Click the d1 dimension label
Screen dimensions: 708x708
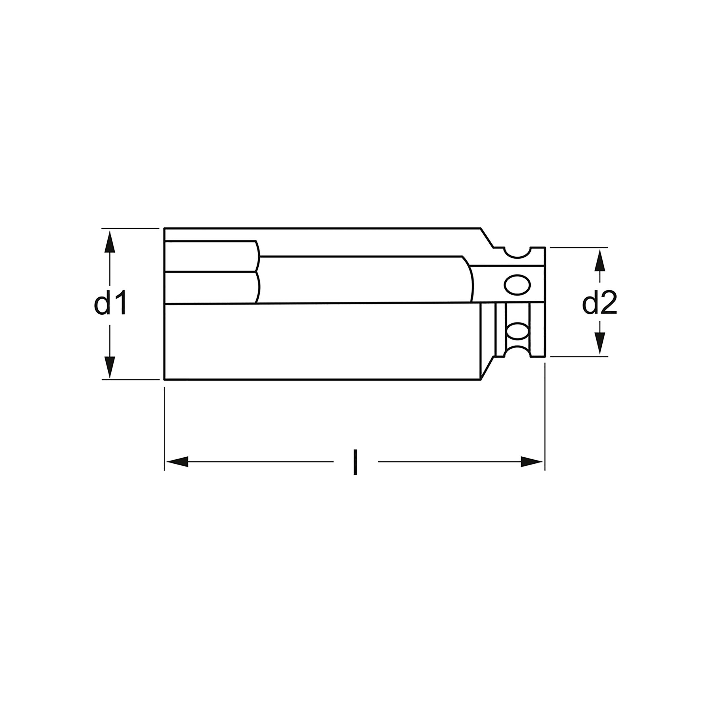(110, 303)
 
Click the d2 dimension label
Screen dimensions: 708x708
(600, 303)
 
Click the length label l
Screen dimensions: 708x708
(355, 462)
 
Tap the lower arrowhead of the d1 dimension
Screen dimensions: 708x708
(110, 367)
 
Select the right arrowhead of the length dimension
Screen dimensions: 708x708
(532, 462)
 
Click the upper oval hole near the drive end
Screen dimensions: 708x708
(517, 284)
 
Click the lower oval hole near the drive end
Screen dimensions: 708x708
(517, 332)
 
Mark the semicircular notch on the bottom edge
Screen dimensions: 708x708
(517, 352)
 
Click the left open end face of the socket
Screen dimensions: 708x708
(165, 304)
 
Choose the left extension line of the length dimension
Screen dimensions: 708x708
(165, 429)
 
